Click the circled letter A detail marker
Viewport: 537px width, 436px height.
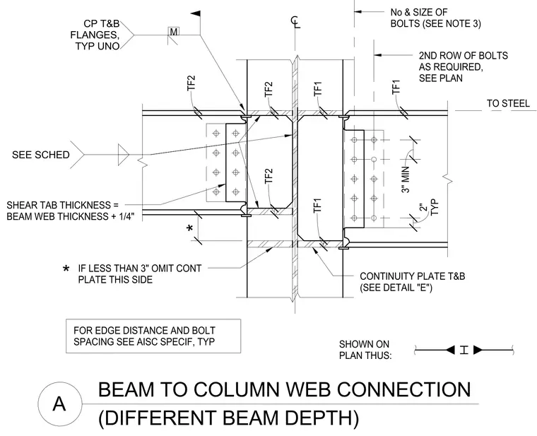coord(59,403)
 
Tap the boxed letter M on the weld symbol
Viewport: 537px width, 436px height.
coord(174,32)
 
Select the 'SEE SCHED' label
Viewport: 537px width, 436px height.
coord(41,155)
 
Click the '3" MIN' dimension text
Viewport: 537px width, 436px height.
coord(406,179)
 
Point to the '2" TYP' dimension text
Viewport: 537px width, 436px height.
coord(429,208)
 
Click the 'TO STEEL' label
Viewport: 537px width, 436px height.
coord(508,103)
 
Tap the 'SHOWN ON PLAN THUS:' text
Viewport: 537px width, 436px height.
coord(365,350)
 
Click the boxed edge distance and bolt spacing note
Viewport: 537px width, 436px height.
coord(153,336)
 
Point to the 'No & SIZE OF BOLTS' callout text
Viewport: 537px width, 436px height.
coord(436,18)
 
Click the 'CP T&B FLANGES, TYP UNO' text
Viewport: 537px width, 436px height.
coord(95,35)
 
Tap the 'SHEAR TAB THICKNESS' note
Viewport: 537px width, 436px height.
coord(71,211)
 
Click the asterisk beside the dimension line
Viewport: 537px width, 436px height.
coord(190,228)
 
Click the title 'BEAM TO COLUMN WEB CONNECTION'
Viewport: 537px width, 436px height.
coord(284,390)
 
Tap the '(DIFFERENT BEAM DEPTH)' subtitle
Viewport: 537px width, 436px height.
coord(228,418)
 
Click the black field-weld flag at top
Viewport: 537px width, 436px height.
coord(195,13)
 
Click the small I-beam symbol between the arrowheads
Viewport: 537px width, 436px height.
coord(464,350)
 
